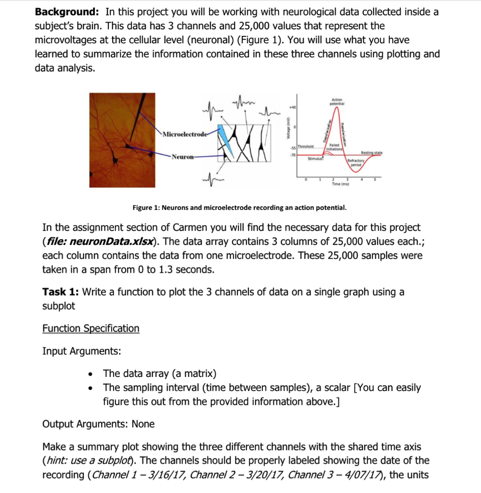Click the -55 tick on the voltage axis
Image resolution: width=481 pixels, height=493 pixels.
293,146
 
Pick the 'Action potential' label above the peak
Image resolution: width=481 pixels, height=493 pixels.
336,102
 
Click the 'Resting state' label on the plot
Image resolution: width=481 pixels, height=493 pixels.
371,152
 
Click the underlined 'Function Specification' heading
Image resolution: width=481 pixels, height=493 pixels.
91,328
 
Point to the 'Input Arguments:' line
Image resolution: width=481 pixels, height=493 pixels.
82,351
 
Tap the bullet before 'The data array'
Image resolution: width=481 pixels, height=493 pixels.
91,374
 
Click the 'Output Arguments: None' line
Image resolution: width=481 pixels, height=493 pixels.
99,424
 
